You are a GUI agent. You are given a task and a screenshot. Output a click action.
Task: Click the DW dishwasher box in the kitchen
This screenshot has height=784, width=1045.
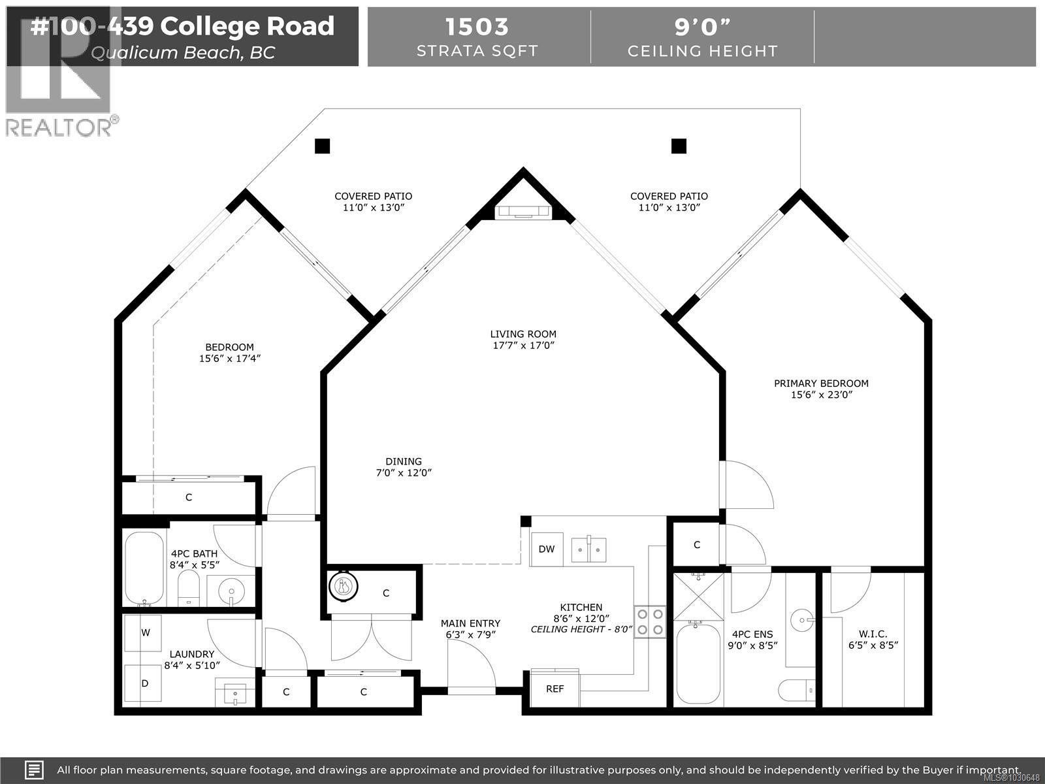coord(547,549)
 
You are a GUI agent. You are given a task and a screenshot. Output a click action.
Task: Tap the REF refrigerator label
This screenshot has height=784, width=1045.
coord(555,689)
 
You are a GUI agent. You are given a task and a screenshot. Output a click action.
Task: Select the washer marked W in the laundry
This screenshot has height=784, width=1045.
coord(146,632)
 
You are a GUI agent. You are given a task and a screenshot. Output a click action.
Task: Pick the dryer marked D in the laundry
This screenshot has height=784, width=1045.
coord(145,683)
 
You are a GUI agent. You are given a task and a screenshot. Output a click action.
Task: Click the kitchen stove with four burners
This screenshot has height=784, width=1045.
coord(650,622)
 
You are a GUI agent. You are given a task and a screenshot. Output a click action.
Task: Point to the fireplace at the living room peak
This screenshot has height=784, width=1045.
coord(524,210)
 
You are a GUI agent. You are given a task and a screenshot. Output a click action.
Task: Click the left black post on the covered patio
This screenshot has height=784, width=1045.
coord(322,146)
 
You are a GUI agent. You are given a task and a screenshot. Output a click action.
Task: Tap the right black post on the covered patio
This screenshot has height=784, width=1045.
coord(679,146)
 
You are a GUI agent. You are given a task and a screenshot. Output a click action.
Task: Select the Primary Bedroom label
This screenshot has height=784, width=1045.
coord(821,389)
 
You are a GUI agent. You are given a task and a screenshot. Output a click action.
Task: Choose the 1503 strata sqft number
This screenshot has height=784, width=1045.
coord(477,27)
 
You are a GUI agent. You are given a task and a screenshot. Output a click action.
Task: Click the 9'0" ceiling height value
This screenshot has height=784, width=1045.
coord(702,27)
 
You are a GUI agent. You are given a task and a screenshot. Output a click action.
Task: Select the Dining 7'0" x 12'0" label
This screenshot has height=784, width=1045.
coord(403,467)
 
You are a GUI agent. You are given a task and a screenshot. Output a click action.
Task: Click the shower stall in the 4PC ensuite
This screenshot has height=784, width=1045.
coord(698,596)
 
